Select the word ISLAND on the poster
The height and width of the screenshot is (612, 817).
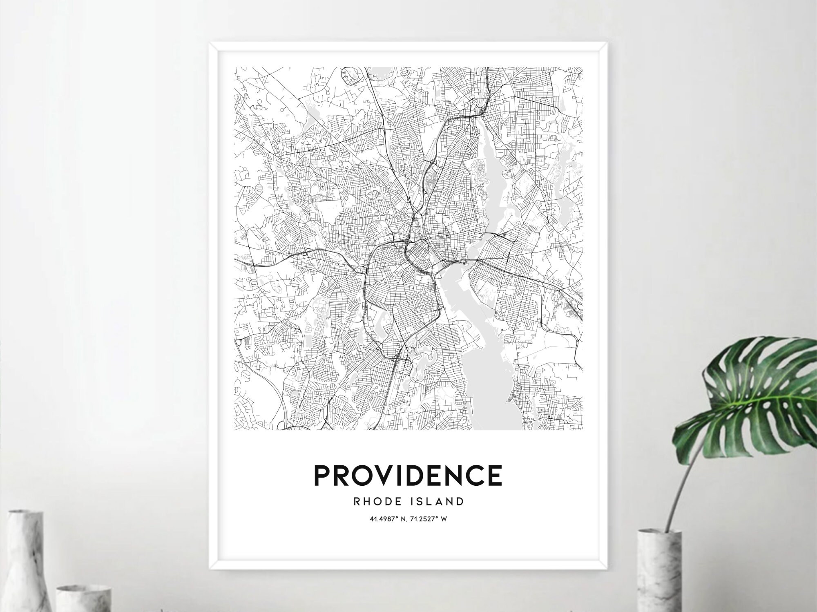(439, 501)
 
